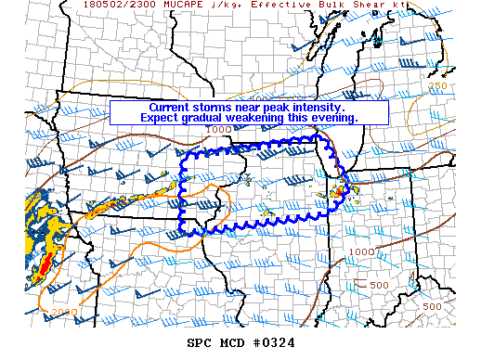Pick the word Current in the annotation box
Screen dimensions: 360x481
(172, 108)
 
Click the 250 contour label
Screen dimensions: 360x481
(439, 86)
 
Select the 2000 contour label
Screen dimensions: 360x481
(66, 313)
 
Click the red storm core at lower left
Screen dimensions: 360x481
(43, 269)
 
